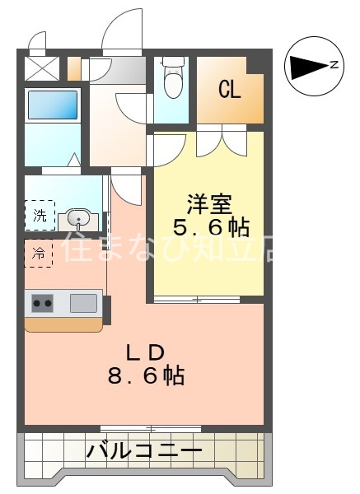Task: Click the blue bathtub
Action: (52, 105)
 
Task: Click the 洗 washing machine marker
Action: (40, 216)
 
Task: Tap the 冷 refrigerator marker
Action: (39, 252)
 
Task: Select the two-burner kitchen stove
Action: (41, 303)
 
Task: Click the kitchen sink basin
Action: (83, 302)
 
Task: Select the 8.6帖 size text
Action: (145, 376)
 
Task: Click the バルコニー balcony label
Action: (144, 451)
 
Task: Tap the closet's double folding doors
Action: (221, 140)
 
